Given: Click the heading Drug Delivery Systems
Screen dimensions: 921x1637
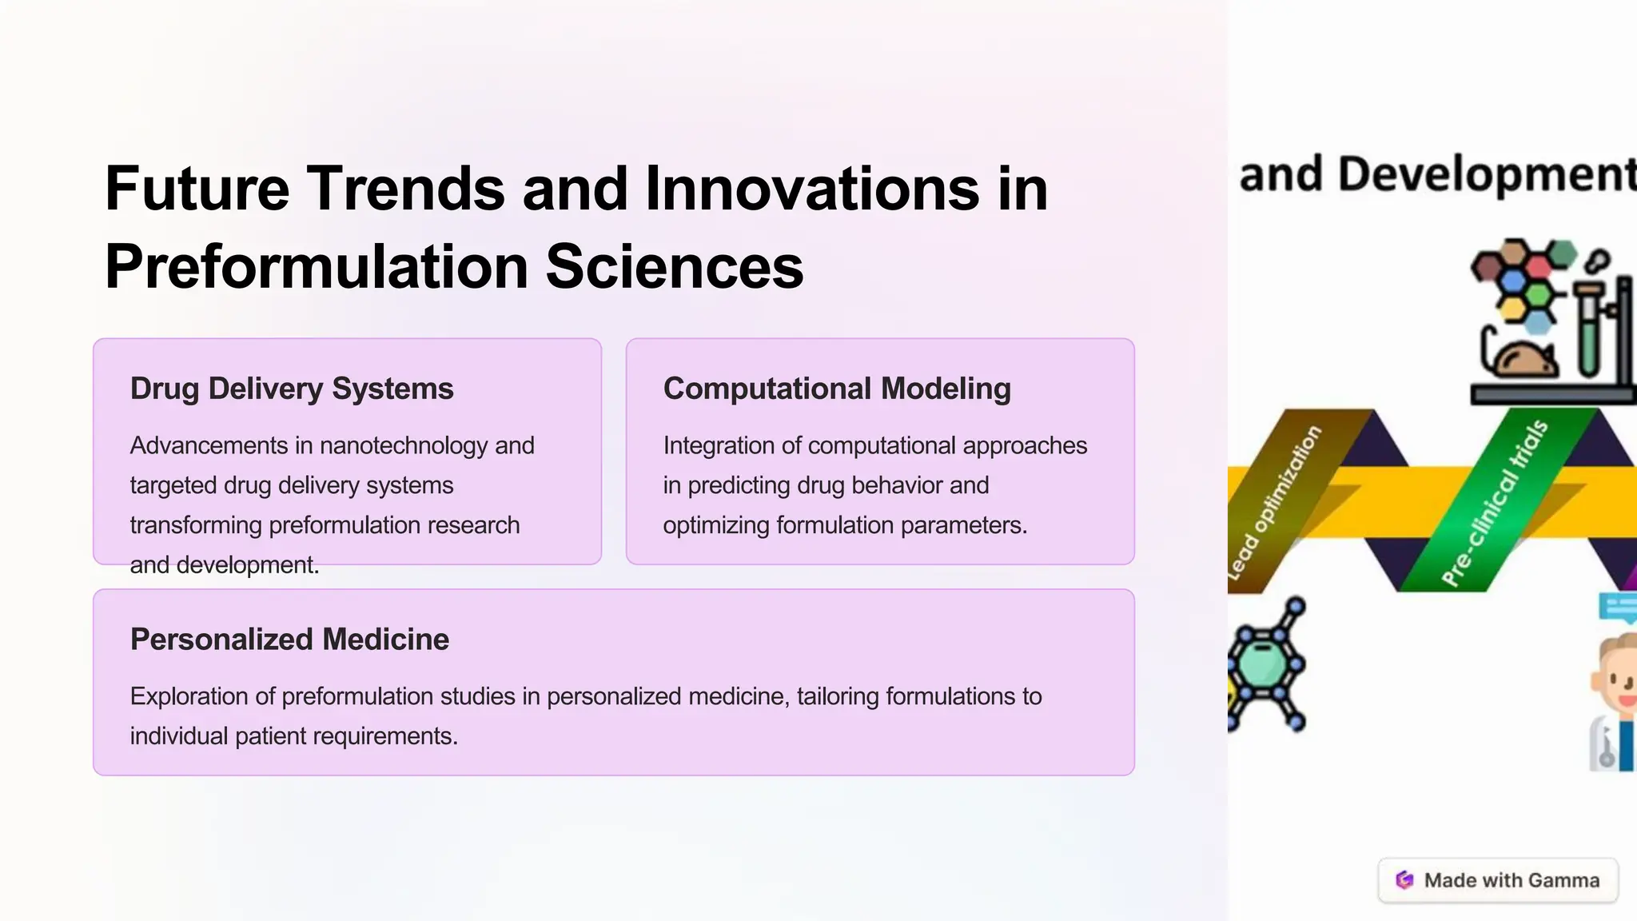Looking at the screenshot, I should tap(292, 389).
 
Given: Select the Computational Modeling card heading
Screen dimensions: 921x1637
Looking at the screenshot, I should tap(836, 389).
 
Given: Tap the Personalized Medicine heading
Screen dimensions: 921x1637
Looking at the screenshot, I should tap(289, 640).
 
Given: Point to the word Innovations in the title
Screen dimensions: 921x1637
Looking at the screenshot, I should tap(811, 189).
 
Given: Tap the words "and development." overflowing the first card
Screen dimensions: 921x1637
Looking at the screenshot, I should tap(225, 565).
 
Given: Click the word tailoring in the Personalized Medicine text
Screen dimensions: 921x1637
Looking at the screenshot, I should tap(838, 696).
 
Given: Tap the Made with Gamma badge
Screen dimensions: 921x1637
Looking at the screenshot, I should tap(1498, 880).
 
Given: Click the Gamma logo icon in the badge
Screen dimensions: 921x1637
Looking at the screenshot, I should tap(1404, 880).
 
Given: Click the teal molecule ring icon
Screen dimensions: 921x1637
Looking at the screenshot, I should tap(1263, 664).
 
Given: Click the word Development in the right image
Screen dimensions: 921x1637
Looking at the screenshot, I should tap(1487, 175).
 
